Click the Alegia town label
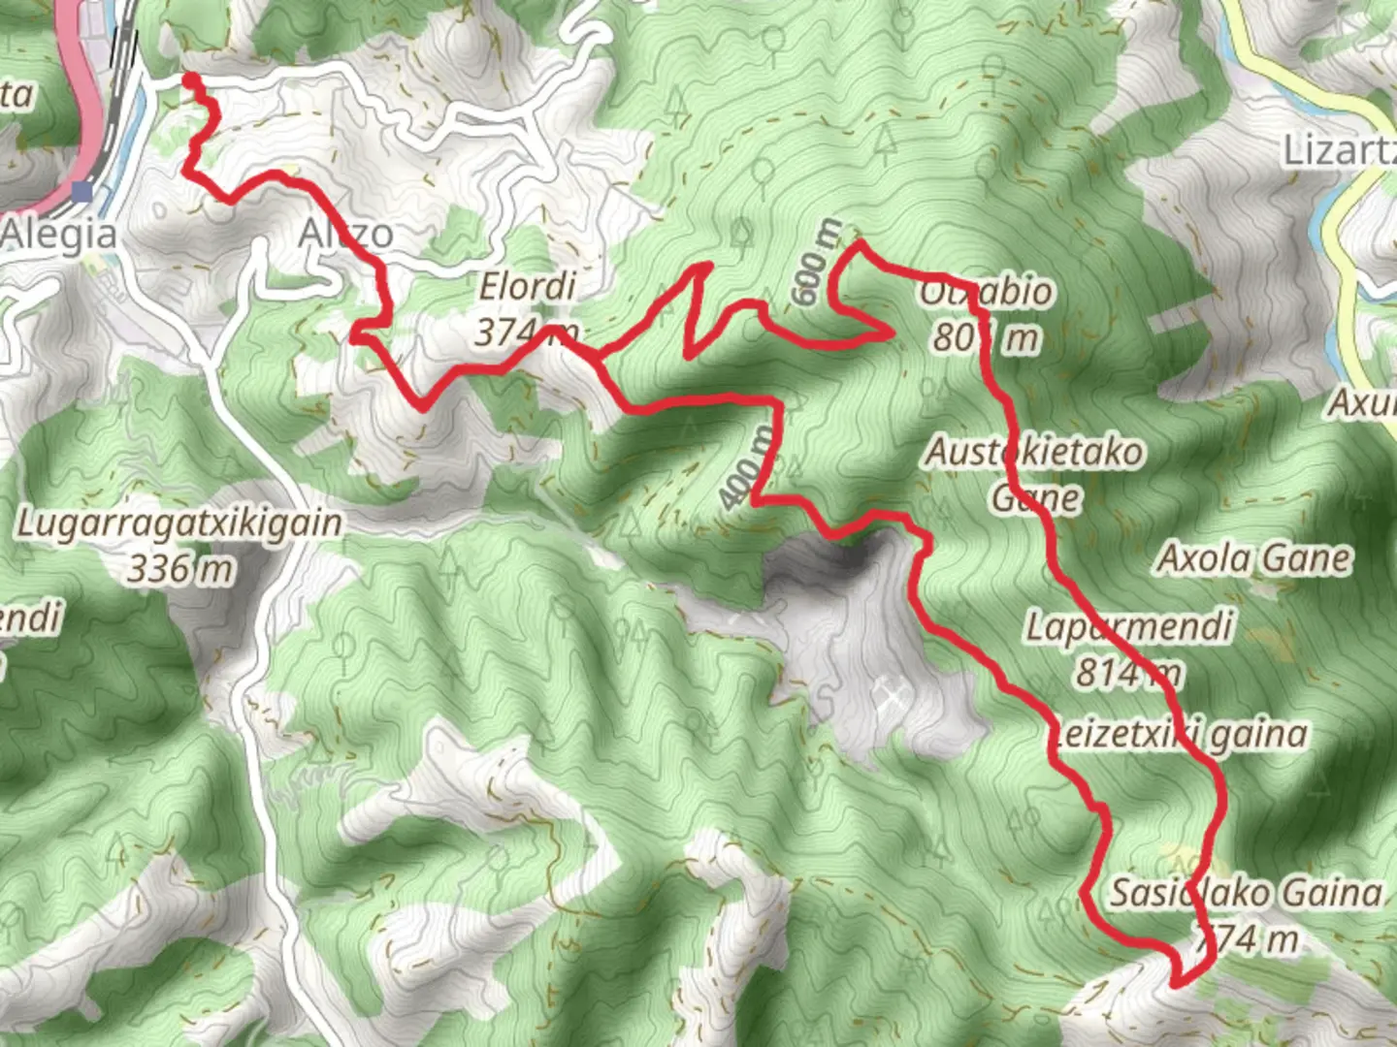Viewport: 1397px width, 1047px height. point(60,234)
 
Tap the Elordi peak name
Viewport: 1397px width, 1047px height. point(528,287)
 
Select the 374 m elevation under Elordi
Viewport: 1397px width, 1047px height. point(527,333)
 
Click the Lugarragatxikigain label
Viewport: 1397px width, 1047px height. point(180,523)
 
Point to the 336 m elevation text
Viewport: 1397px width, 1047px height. point(180,569)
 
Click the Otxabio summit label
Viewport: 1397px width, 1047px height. point(985,291)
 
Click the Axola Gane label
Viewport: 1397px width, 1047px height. point(1253,558)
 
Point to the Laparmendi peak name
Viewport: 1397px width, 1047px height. point(1130,626)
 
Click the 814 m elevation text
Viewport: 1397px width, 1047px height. point(1128,672)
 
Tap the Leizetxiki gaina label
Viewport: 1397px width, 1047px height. point(1179,735)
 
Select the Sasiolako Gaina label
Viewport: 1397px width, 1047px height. point(1246,892)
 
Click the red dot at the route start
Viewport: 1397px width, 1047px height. point(192,79)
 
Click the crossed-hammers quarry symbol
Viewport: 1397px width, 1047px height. point(891,694)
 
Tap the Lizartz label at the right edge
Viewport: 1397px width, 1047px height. point(1339,150)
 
